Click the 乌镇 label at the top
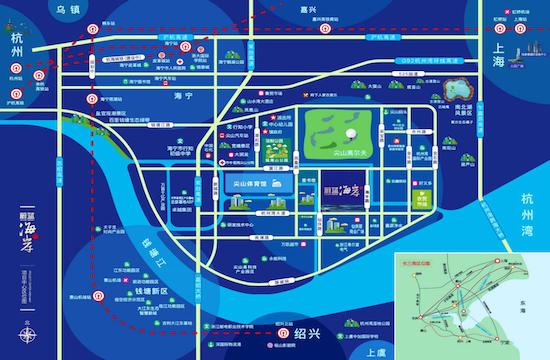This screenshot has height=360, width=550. point(67,9)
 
